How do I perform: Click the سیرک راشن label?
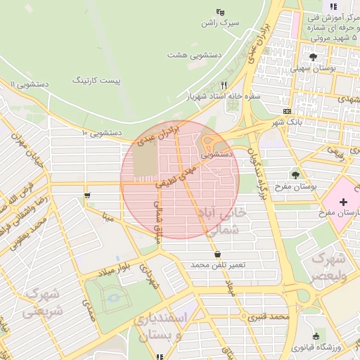pyautogui.click(x=219, y=22)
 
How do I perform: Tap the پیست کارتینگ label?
pyautogui.click(x=99, y=81)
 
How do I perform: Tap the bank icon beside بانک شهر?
pyautogui.click(x=286, y=111)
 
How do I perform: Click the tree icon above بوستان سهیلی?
pyautogui.click(x=312, y=57)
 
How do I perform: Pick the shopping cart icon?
pyautogui.click(x=86, y=196)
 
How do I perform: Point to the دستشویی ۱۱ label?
pyautogui.click(x=28, y=84)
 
